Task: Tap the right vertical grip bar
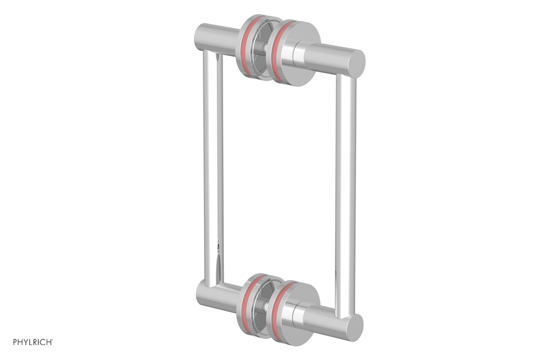[345, 186]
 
